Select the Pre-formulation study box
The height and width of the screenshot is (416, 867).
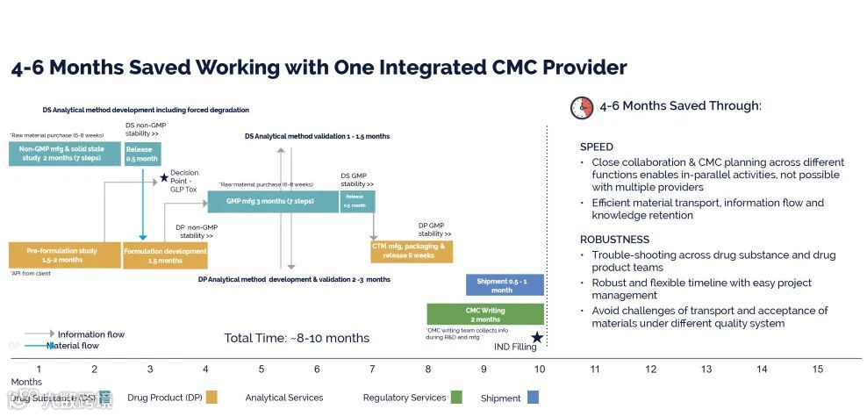(x=64, y=255)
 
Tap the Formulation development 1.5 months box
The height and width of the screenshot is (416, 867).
(x=166, y=255)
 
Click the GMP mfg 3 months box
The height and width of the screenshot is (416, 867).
(x=273, y=201)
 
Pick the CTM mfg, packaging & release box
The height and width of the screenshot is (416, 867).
(x=411, y=251)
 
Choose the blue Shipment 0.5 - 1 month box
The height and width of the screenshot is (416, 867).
(x=505, y=285)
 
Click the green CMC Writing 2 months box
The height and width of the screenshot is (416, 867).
(x=485, y=314)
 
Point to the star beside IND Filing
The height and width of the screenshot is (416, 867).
(x=537, y=338)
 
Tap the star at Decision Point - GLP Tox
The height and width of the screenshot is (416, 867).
(x=163, y=178)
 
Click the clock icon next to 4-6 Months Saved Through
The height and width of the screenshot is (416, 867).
(x=582, y=107)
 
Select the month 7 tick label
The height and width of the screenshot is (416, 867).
(x=372, y=369)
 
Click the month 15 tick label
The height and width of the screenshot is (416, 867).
(x=818, y=369)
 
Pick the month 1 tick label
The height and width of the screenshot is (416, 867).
(x=39, y=369)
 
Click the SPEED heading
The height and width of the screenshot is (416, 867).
(x=597, y=147)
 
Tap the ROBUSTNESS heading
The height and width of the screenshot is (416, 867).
(x=614, y=240)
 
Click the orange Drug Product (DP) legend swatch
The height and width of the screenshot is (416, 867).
(x=211, y=398)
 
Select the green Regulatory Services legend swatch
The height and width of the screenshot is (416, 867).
(x=456, y=398)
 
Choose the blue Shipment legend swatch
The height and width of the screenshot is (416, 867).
(x=533, y=398)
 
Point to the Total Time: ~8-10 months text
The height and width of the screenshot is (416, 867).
(x=297, y=338)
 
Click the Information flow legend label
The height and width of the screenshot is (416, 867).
(x=91, y=334)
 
